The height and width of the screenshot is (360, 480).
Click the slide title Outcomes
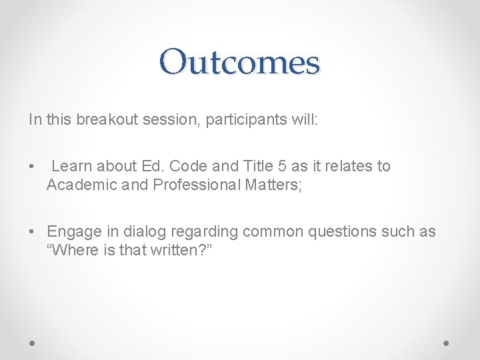tap(240, 62)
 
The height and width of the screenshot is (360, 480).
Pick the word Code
tap(187, 166)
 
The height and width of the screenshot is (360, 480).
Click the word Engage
tap(74, 231)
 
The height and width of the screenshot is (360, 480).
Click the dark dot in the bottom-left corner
tap(33, 342)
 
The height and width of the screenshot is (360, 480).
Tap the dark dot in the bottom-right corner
tap(447, 342)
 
